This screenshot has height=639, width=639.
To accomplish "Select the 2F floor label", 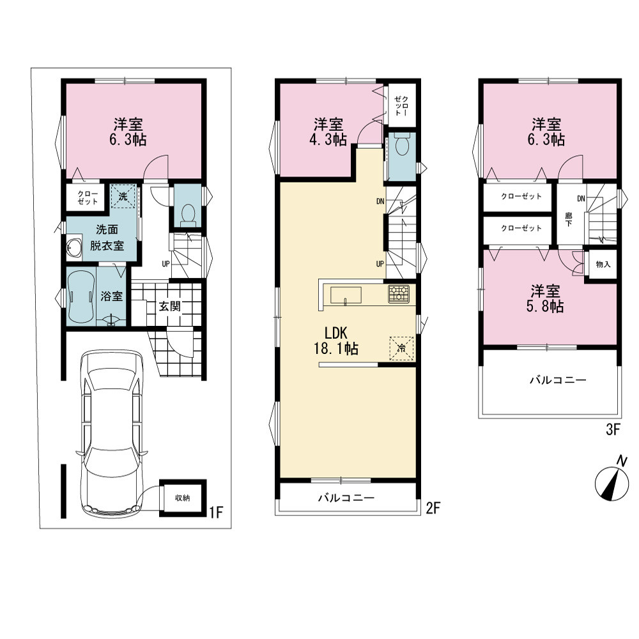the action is coord(433,508).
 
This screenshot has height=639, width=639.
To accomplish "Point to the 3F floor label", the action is coord(613,430).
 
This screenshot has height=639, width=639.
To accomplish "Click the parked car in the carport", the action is coord(112,433).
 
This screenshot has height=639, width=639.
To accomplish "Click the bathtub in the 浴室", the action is coord(82,296).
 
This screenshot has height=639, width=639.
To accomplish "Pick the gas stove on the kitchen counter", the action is coord(399,294).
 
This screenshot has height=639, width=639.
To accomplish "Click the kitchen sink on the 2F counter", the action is coord(346,295).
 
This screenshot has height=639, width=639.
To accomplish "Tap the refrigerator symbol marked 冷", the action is coord(402,348).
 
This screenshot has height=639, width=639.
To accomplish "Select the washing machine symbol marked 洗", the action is coord(123,196).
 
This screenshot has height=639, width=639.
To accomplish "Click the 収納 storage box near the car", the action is coord(183,498).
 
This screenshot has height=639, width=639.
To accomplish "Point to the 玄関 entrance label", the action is coord(169,306).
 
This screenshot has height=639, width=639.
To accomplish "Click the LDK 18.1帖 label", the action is coord(336,341).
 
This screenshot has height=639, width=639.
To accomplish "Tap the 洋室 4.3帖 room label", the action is coord(328,132).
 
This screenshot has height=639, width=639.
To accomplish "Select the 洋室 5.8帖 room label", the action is coord(545,298).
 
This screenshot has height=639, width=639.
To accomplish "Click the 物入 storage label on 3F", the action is coord(603,265).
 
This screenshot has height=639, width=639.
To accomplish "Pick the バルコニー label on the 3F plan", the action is coord(558,380).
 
